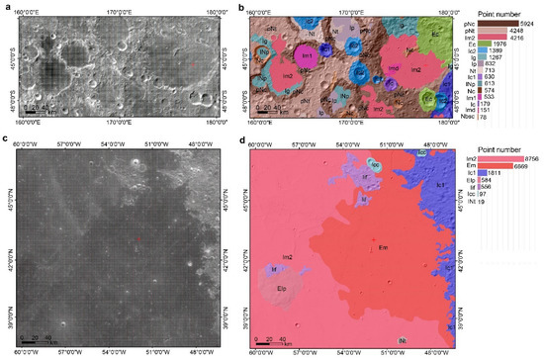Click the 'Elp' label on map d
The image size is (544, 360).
point(281,289)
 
